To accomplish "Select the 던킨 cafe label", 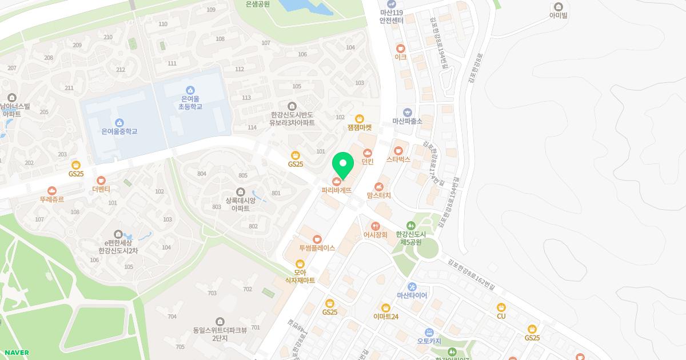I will (x=367, y=161).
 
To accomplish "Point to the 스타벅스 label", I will (x=398, y=159).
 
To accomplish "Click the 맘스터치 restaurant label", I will (x=379, y=195).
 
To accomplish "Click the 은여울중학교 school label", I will (x=119, y=131).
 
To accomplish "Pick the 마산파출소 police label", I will (x=407, y=121).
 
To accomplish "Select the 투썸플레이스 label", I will (x=317, y=248).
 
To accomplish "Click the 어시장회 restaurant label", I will (x=376, y=234).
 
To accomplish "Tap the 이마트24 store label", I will (x=386, y=316).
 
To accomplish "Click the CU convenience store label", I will (x=501, y=315).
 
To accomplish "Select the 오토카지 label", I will (x=429, y=341).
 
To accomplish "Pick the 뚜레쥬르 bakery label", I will (x=52, y=199).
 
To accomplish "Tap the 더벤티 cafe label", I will (x=101, y=188).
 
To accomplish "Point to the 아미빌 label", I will (x=558, y=15).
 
